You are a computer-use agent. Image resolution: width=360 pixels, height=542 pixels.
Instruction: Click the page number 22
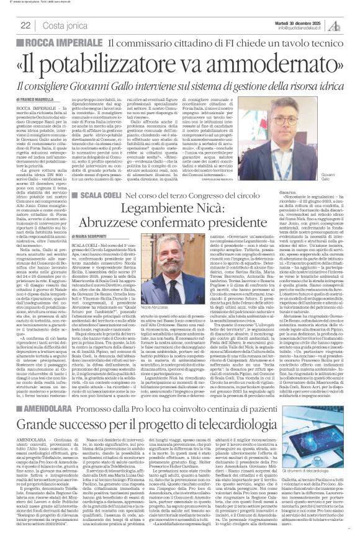pyautogui.click(x=26, y=25)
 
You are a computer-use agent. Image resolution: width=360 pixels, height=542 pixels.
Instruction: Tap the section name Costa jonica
pyautogui.click(x=65, y=25)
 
